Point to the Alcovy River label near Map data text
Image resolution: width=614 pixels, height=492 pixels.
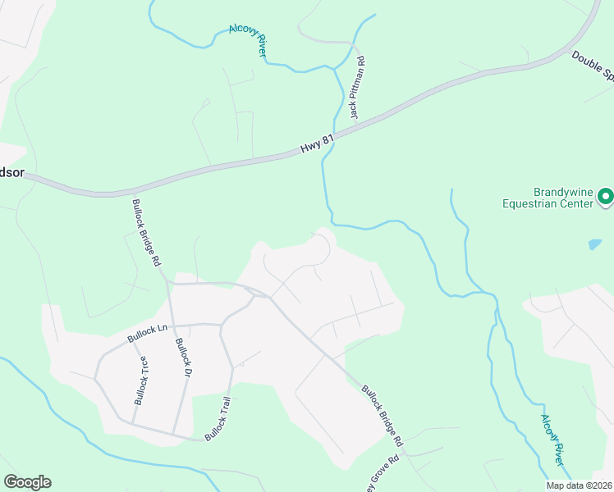coord(552,440)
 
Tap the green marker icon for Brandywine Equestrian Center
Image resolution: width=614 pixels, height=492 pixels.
coord(606,196)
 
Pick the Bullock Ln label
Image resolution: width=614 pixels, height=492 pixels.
coord(147,333)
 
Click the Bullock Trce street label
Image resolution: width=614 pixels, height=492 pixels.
coord(140,382)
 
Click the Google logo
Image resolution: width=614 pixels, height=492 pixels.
coord(27,482)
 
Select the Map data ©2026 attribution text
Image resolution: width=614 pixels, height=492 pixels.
coord(579,485)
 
